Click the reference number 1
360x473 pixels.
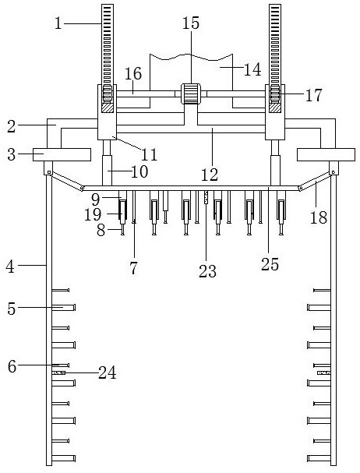(x=58, y=23)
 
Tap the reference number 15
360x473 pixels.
(x=191, y=23)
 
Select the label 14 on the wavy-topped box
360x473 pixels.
(x=252, y=69)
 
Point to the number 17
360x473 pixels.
(x=314, y=95)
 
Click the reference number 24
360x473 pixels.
(x=108, y=372)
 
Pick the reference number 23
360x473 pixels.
(x=207, y=271)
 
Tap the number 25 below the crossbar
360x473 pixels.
(x=270, y=265)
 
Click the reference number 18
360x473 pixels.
(x=319, y=217)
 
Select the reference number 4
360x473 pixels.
(x=10, y=267)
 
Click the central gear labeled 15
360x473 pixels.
(x=191, y=94)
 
